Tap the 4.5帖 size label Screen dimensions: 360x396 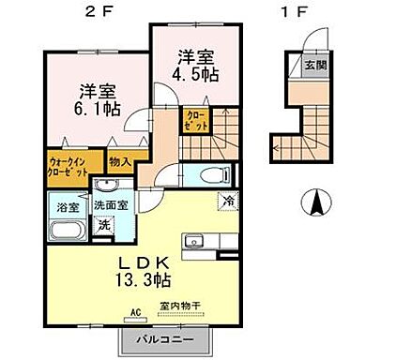pos(195,73)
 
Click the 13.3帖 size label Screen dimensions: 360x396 pos(142,279)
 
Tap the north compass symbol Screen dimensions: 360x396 pos(317,201)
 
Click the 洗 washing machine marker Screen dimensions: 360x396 pos(103,224)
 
